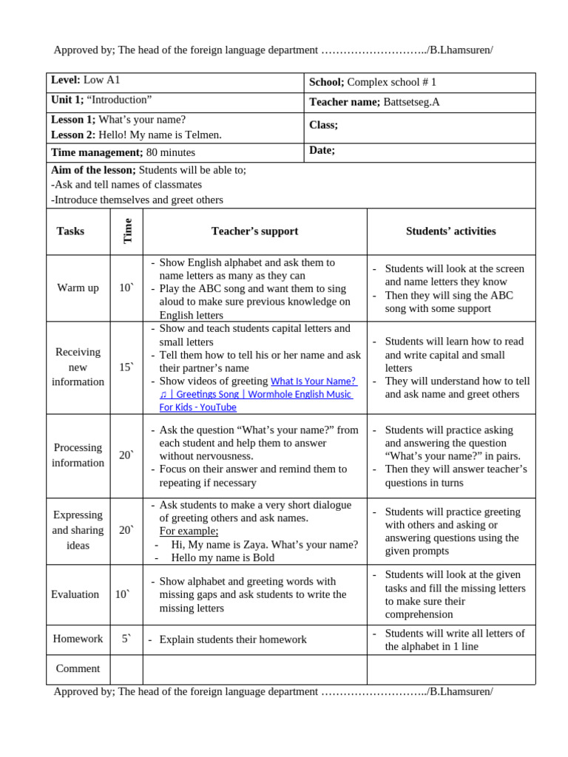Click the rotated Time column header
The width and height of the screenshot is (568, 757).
(127, 231)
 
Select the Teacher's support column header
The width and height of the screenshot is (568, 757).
(254, 231)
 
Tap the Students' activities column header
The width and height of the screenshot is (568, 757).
(450, 231)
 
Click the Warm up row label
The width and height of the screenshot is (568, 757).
(78, 288)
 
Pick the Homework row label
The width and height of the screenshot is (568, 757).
(78, 639)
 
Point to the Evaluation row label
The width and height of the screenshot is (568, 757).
(75, 594)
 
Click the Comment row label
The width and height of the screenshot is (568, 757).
(78, 668)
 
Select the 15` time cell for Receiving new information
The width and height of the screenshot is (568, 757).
(126, 367)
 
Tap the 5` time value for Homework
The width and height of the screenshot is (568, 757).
(126, 639)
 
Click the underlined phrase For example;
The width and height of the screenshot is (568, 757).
(189, 532)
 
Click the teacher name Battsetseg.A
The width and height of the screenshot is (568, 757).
(411, 102)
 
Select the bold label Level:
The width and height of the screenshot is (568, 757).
(65, 80)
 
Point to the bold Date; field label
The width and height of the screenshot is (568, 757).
(322, 150)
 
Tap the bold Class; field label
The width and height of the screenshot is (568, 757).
(323, 125)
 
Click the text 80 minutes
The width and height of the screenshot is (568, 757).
(171, 152)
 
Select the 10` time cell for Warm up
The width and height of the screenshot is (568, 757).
(126, 288)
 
